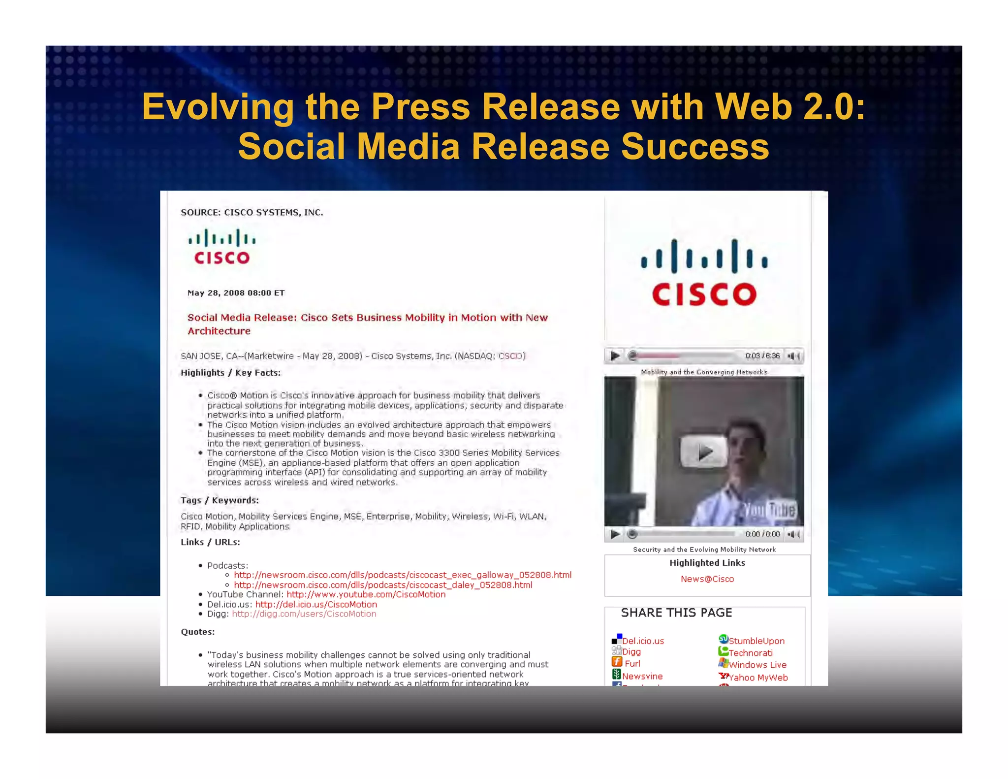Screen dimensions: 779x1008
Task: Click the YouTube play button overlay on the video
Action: click(x=703, y=452)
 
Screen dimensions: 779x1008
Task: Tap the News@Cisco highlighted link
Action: click(x=707, y=579)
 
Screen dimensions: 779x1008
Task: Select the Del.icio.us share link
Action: click(x=642, y=641)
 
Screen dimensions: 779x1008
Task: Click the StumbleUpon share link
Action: click(x=756, y=641)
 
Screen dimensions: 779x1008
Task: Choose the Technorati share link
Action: click(x=750, y=653)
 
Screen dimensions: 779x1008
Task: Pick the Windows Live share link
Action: click(x=757, y=665)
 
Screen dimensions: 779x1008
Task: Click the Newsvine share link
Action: click(x=642, y=676)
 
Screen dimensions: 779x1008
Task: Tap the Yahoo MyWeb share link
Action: click(x=757, y=678)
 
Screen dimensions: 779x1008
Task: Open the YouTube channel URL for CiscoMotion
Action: click(x=366, y=594)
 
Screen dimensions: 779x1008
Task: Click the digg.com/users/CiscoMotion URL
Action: click(x=304, y=614)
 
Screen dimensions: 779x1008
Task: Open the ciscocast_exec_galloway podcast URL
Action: click(x=402, y=575)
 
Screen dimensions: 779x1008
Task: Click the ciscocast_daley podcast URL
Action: click(x=382, y=585)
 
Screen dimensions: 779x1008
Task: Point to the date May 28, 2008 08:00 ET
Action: click(x=236, y=293)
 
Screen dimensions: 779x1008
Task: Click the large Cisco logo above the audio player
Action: click(x=704, y=273)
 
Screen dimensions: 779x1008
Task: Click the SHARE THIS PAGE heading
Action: click(x=676, y=613)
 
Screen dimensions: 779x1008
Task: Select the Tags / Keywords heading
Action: click(x=220, y=500)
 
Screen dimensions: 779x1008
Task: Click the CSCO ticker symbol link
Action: click(x=510, y=356)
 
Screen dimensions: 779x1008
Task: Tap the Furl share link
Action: click(x=632, y=664)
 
